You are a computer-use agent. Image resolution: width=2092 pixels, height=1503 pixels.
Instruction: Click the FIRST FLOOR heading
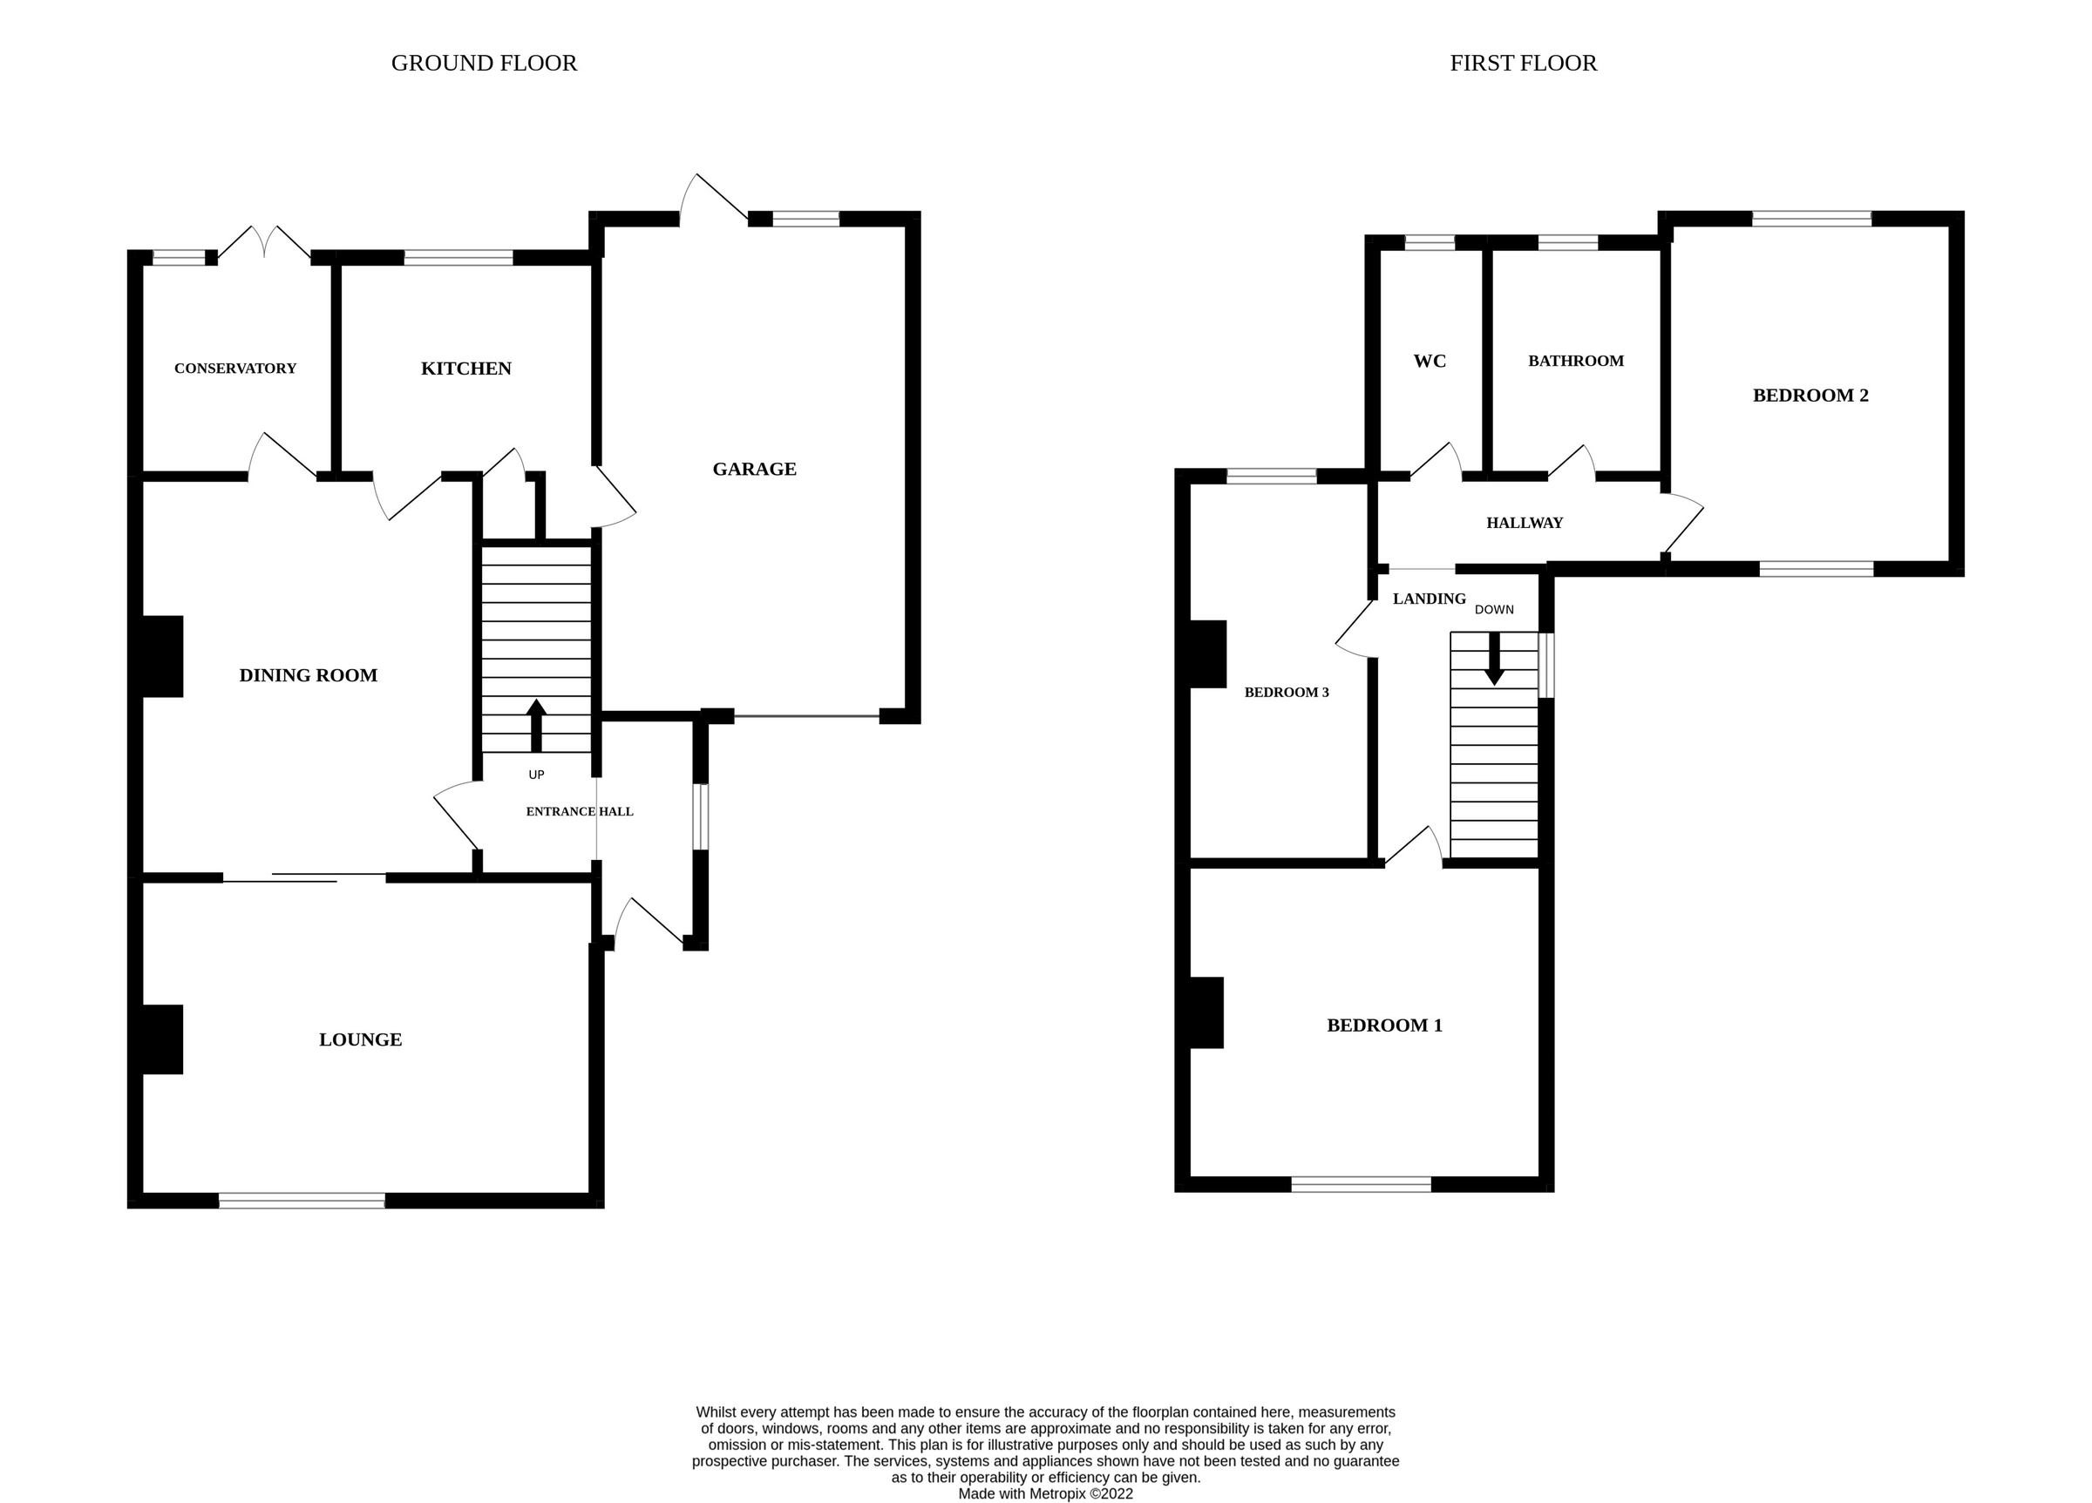point(1523,63)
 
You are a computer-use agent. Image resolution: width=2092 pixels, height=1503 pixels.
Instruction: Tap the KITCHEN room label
point(465,369)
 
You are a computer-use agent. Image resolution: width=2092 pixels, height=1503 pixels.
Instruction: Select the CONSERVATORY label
point(235,369)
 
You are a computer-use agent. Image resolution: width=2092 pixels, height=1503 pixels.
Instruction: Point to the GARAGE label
point(754,470)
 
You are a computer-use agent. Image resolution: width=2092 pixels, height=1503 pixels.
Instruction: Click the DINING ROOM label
point(308,676)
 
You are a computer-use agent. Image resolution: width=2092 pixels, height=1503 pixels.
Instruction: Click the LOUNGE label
point(360,1040)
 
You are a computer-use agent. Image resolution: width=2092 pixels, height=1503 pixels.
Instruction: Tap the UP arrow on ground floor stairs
point(536,725)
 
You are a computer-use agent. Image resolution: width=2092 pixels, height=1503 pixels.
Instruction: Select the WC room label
point(1429,362)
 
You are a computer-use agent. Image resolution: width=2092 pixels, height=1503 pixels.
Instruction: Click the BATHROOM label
point(1575,362)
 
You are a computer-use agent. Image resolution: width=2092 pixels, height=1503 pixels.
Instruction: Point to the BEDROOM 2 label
point(1810,396)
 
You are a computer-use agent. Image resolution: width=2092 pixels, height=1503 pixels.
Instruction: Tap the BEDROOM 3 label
point(1286,693)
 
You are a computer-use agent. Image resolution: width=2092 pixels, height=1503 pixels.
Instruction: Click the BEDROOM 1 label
point(1383,1026)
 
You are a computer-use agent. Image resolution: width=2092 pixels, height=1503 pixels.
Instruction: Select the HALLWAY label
point(1524,523)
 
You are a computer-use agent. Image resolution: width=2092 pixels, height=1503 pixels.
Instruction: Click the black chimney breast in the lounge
point(162,1039)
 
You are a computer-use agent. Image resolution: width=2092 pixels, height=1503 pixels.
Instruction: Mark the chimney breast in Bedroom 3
point(1207,653)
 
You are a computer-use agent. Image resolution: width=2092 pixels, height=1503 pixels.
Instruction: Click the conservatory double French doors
point(264,241)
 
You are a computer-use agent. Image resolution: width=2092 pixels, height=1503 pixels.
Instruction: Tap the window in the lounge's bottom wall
point(302,1200)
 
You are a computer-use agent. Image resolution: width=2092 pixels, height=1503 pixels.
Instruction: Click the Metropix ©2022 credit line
point(1045,1493)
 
